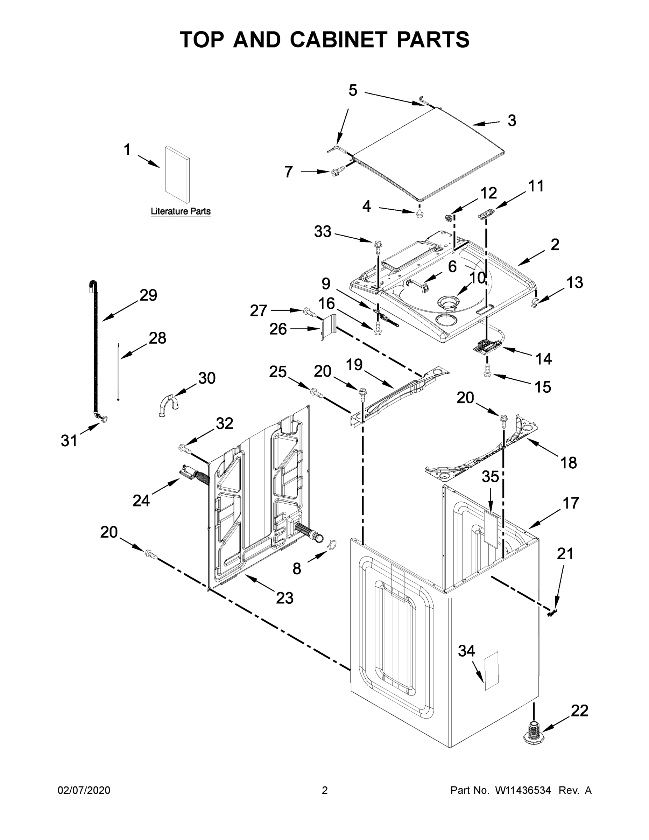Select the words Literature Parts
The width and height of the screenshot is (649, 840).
[180, 211]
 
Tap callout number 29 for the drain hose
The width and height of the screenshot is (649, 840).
[148, 295]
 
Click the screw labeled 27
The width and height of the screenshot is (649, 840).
[309, 311]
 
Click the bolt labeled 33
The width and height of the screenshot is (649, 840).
[378, 245]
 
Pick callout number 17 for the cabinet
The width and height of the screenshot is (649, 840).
[571, 503]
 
